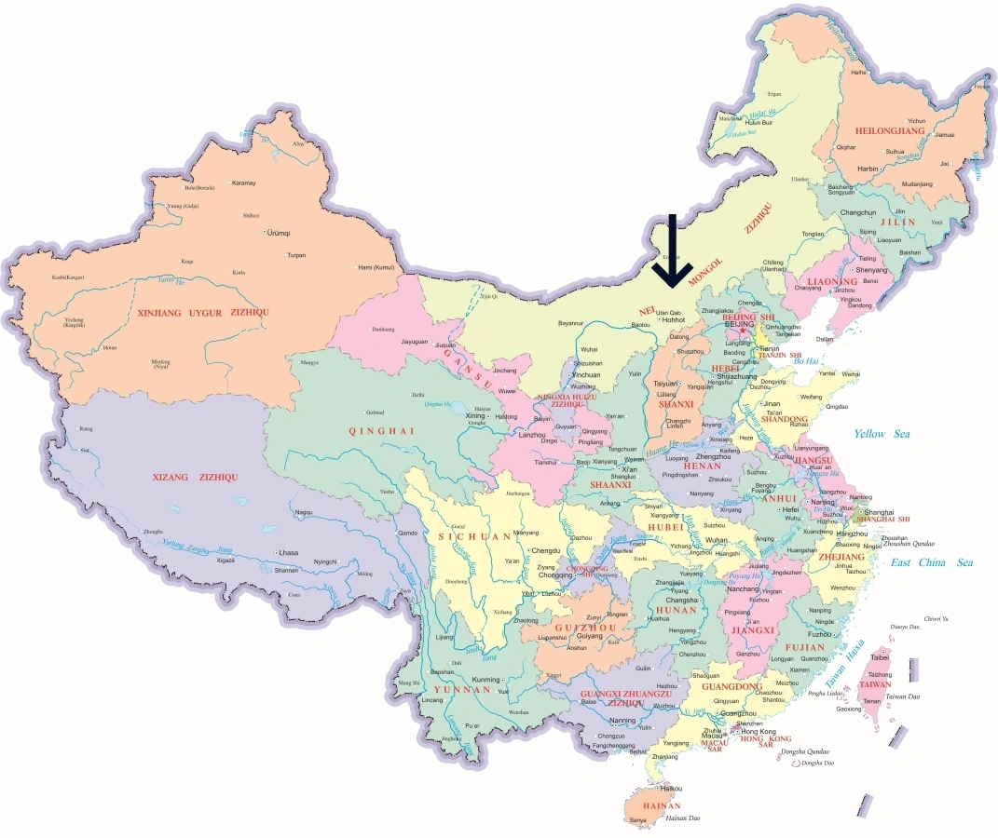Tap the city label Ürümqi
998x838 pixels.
point(279,232)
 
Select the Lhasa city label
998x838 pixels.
point(288,552)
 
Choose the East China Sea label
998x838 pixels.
point(931,562)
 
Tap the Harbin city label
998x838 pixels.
point(868,169)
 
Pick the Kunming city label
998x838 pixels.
point(486,680)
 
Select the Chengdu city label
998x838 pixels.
point(546,550)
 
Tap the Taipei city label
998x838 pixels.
point(880,656)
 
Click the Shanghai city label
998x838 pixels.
point(879,512)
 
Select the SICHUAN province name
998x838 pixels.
point(468,536)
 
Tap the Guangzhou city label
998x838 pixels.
point(739,713)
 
